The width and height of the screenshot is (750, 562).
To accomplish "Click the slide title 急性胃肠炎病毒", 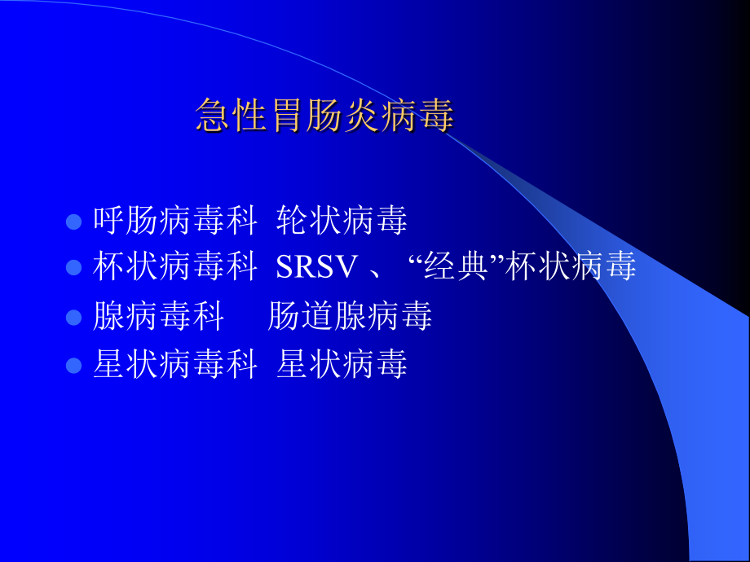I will click(324, 116).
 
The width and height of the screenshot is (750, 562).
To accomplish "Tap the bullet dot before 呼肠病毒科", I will click(73, 222).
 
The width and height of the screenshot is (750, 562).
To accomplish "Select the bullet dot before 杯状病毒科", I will click(73, 267).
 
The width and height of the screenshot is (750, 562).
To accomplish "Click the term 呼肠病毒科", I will click(175, 221).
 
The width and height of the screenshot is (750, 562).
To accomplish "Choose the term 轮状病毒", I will click(342, 221).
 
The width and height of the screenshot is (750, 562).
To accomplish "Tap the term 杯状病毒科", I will click(175, 267).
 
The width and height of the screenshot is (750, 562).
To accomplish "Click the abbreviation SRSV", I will click(317, 268).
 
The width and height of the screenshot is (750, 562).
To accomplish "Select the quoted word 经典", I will click(459, 267).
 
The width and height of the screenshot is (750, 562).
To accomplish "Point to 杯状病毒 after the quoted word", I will click(571, 267).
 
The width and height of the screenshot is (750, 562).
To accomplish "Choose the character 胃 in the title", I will click(287, 116).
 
